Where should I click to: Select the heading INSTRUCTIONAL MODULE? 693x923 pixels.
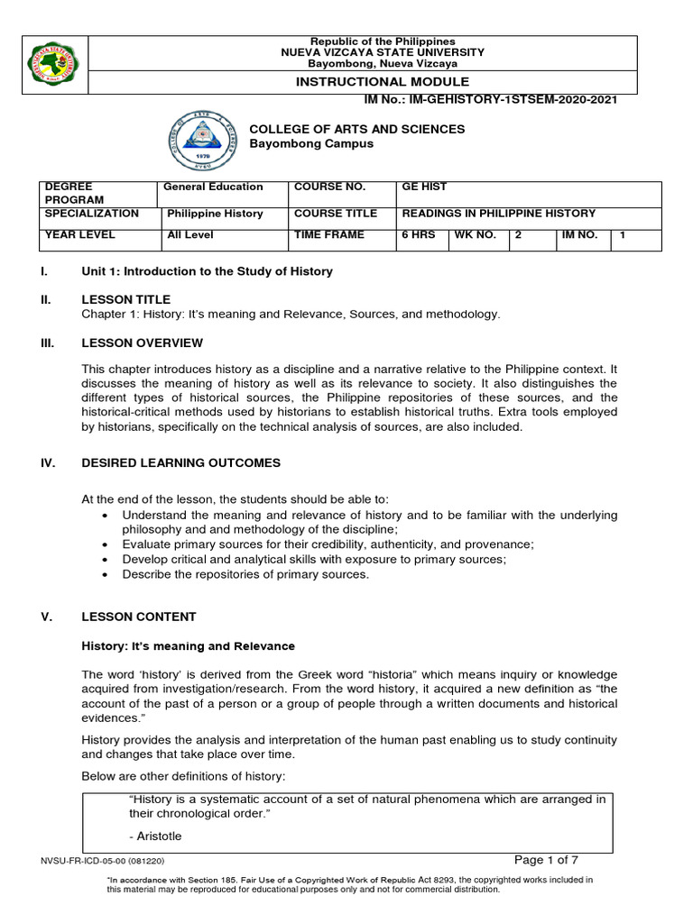383,81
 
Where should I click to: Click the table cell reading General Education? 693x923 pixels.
212,187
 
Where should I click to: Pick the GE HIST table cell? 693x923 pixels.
424,187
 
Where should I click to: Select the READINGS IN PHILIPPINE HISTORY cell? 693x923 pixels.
498,214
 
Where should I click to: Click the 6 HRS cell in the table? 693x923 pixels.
418,234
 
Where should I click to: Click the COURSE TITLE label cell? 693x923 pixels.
329,214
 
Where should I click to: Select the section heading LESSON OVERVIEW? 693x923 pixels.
142,343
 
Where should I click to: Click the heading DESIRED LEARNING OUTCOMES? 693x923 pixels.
180,463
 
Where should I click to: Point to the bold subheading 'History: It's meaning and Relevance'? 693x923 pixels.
188,646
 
